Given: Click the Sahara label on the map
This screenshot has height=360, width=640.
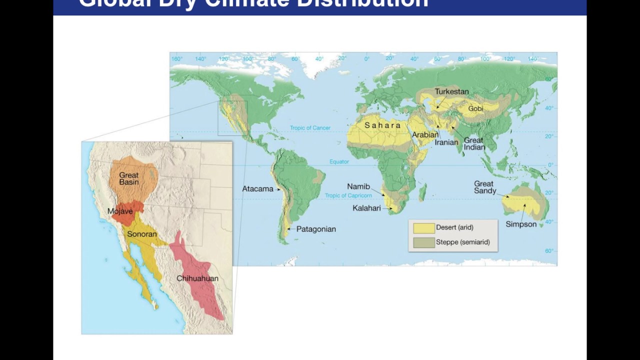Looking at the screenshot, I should [x=382, y=125].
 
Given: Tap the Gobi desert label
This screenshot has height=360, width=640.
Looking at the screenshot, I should [x=475, y=109].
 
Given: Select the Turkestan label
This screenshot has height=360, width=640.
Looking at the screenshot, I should [x=451, y=91].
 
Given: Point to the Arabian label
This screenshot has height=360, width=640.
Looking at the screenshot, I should [x=425, y=134].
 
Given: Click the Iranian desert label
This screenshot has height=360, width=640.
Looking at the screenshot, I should [x=446, y=142].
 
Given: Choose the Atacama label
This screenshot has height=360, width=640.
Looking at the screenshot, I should [x=257, y=189].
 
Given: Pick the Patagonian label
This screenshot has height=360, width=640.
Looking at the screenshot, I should [x=316, y=229].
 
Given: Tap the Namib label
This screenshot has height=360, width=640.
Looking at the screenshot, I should [x=358, y=186].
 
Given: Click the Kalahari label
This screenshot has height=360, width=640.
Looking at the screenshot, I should [x=366, y=208].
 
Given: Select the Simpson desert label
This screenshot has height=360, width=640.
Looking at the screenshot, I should [x=521, y=224].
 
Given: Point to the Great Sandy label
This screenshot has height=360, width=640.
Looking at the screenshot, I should [x=485, y=187].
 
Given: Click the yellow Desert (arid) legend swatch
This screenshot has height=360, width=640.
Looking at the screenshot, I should [x=423, y=228].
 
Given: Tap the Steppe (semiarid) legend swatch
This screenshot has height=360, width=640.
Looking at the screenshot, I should [x=423, y=242].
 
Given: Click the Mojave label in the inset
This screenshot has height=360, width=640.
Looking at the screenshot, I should [x=120, y=211].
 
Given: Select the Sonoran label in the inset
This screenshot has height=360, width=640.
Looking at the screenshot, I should [x=142, y=234].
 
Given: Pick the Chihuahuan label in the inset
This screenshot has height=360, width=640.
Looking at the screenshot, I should [x=197, y=278].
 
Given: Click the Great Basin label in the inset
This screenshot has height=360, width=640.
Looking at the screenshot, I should [x=129, y=178].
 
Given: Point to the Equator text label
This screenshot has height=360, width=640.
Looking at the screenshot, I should [x=339, y=161].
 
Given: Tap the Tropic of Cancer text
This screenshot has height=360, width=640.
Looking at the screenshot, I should [x=310, y=128].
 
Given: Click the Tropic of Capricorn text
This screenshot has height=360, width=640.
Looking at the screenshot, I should [x=348, y=195].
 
